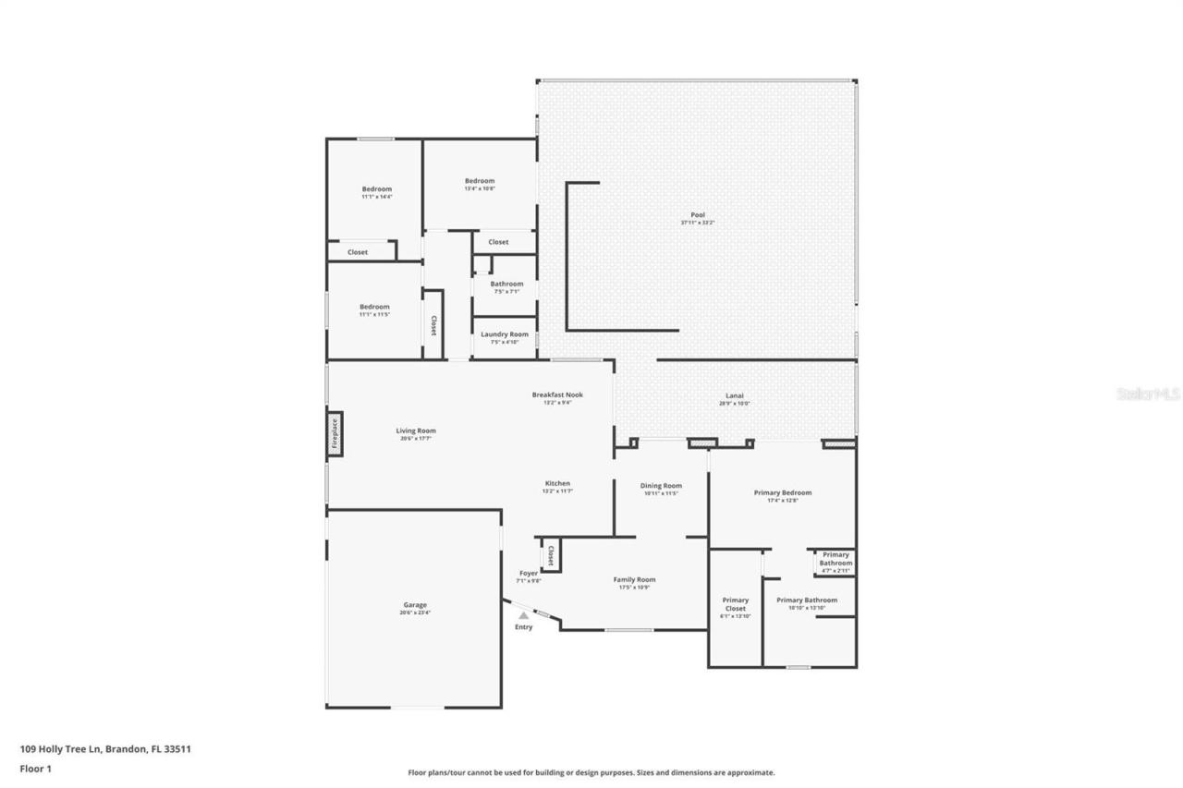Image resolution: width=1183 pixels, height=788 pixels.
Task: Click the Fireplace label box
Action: [335, 433]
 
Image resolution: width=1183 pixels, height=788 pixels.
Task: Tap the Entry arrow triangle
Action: [524, 614]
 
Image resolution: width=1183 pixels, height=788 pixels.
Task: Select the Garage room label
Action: [414, 605]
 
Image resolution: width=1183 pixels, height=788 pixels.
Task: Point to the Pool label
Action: [698, 215]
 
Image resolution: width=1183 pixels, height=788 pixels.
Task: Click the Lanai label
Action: [735, 396]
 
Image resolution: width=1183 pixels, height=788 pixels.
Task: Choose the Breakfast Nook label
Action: [557, 395]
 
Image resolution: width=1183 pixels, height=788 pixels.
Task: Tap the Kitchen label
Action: [557, 484]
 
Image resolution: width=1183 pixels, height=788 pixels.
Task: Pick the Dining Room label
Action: [661, 486]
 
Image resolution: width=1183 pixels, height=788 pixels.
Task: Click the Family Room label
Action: [634, 580]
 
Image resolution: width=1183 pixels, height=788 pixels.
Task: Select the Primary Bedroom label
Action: [782, 493]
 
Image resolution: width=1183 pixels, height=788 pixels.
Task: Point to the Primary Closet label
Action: [736, 605]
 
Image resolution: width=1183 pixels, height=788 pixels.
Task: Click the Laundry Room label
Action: [506, 334]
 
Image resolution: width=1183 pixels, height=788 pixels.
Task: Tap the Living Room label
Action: [416, 430]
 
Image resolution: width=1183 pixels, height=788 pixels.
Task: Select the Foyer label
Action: [529, 574]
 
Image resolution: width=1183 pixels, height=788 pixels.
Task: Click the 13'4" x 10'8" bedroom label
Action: [480, 181]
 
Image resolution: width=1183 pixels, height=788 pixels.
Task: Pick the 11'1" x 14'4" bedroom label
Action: [376, 189]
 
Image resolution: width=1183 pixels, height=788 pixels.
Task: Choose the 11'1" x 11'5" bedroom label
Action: [374, 307]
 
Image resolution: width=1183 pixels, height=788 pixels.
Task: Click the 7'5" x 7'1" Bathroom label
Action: [506, 285]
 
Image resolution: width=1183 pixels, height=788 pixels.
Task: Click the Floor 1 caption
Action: [35, 768]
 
